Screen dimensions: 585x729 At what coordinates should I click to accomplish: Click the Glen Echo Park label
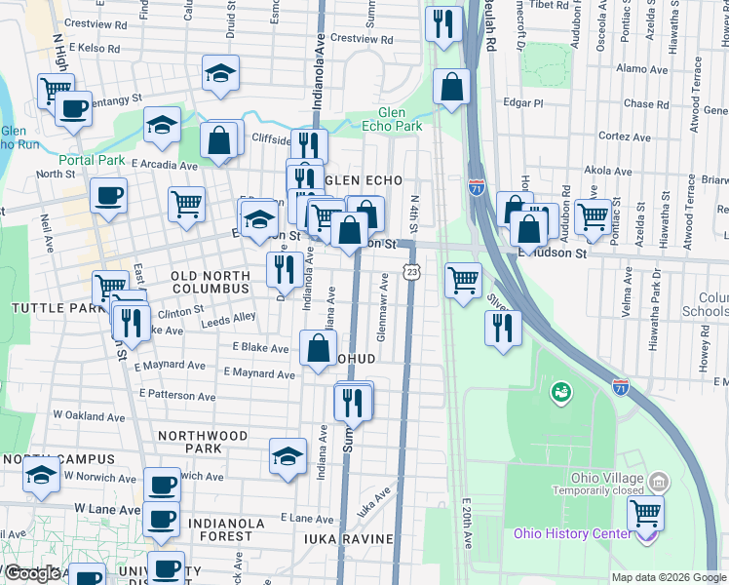tap(400, 119)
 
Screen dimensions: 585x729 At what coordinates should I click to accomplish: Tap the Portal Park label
tap(92, 160)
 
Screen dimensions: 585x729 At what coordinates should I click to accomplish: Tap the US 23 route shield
tap(412, 272)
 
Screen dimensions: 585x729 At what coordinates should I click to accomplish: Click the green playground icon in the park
tap(560, 393)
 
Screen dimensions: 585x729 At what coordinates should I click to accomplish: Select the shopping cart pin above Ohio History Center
tap(644, 512)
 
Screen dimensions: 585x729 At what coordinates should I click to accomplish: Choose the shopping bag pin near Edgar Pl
tap(451, 88)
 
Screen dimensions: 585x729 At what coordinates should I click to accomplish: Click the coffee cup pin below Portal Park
tap(108, 194)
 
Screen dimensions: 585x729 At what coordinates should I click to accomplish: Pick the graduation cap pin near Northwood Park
tap(288, 456)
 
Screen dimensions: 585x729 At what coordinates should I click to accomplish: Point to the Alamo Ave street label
tap(640, 69)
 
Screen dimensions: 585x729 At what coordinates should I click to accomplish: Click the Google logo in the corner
tap(32, 573)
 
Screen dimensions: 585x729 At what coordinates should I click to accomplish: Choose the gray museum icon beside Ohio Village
tap(660, 482)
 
